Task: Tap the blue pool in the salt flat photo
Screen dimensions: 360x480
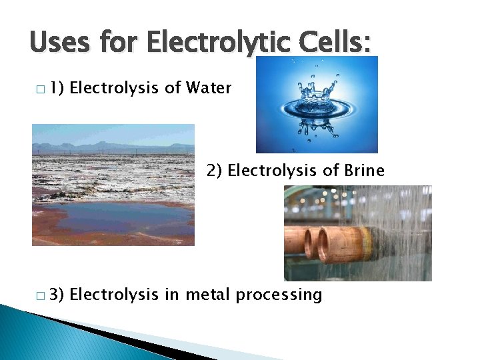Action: point(113,217)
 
